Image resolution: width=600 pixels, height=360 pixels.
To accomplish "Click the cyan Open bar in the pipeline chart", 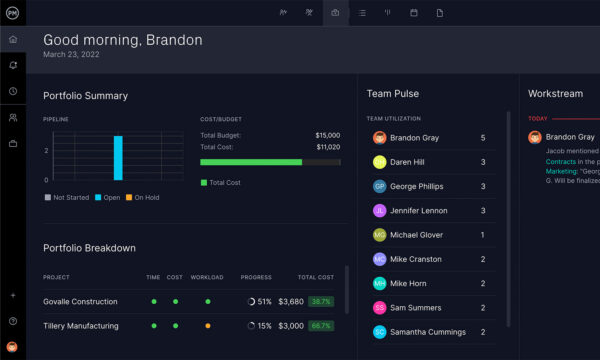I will (x=118, y=158).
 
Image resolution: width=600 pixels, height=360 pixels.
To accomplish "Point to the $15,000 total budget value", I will (x=327, y=135).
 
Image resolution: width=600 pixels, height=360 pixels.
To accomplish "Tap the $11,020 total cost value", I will (x=327, y=146).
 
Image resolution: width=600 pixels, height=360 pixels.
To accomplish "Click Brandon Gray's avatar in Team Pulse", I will (x=380, y=138).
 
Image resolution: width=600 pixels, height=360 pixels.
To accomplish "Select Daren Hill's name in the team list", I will (x=409, y=161).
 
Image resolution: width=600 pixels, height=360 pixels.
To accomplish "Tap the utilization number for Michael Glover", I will (x=483, y=235).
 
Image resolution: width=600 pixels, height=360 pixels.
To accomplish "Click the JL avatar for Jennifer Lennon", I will (x=380, y=211).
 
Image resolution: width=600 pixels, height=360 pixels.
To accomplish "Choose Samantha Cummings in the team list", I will (x=427, y=332).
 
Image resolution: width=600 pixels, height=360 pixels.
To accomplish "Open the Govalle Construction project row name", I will (x=80, y=301).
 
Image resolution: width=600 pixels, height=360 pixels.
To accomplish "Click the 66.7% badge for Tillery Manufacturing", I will (x=321, y=326).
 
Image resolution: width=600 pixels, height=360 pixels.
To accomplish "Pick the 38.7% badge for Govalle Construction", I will (x=321, y=301).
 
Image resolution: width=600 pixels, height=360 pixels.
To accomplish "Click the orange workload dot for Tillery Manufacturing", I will (x=207, y=326).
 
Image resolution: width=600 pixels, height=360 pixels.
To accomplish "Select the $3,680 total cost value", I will (x=290, y=301).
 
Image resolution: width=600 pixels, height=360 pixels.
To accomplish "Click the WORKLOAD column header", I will (x=207, y=277).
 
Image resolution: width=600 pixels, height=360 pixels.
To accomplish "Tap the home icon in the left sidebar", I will (x=13, y=40).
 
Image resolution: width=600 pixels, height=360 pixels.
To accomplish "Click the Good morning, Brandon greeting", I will (x=122, y=40).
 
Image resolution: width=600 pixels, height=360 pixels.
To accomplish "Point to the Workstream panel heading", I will (x=556, y=94).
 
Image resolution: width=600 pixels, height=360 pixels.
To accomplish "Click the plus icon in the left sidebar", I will (x=13, y=296).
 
